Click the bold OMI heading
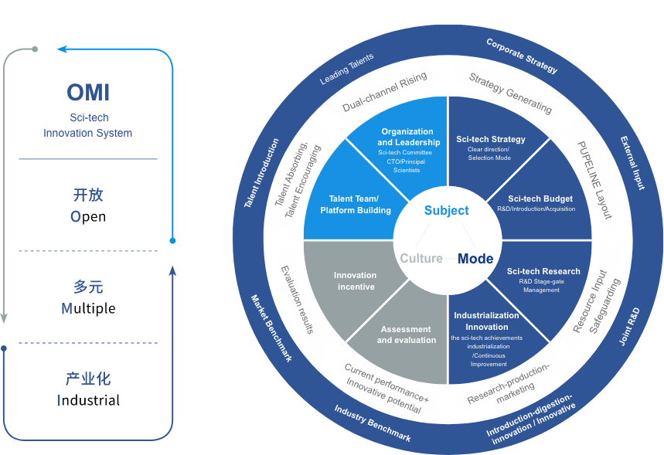(x=88, y=93)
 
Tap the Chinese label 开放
(x=88, y=195)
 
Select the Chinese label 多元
(x=88, y=287)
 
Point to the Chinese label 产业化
(x=88, y=379)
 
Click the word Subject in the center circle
(x=447, y=210)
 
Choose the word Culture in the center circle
(x=421, y=259)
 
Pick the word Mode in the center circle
(x=475, y=259)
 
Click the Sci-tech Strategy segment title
(x=491, y=140)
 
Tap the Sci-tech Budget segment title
(x=540, y=199)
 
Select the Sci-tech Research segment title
(x=543, y=271)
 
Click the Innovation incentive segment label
(x=356, y=281)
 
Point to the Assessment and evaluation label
(x=407, y=334)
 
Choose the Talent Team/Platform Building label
(x=356, y=205)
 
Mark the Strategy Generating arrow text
(x=511, y=93)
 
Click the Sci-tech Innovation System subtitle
(x=88, y=125)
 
